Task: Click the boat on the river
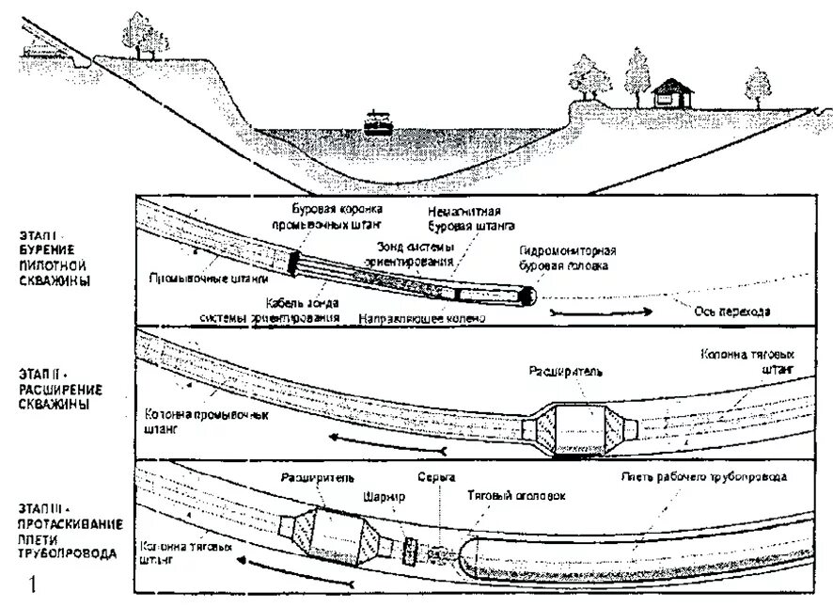click(378, 121)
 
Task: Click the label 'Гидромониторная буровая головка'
click(567, 258)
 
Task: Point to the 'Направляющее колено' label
click(421, 319)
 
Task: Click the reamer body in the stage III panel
click(336, 536)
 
